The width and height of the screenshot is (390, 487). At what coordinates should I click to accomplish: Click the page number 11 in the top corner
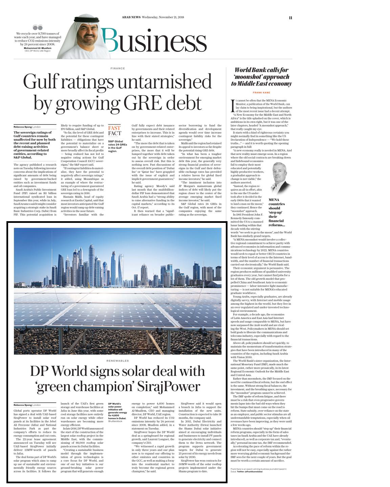point(290,18)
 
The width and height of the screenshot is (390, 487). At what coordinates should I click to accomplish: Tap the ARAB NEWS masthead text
point(131,17)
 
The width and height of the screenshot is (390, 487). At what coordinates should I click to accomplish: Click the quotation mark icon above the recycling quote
point(38,27)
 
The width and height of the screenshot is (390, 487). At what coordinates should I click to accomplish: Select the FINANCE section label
point(117,68)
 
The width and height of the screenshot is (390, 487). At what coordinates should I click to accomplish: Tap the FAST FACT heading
point(114,131)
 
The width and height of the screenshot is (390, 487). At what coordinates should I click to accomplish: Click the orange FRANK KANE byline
point(261,93)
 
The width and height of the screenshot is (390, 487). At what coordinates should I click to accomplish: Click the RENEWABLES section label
point(117,361)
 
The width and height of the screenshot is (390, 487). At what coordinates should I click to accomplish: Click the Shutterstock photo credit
point(115,421)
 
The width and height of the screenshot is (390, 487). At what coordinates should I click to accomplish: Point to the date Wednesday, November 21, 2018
point(163,17)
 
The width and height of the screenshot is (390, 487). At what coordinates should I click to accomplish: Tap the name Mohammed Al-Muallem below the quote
point(38,48)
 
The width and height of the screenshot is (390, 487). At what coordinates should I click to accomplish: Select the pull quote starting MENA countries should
point(277,212)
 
